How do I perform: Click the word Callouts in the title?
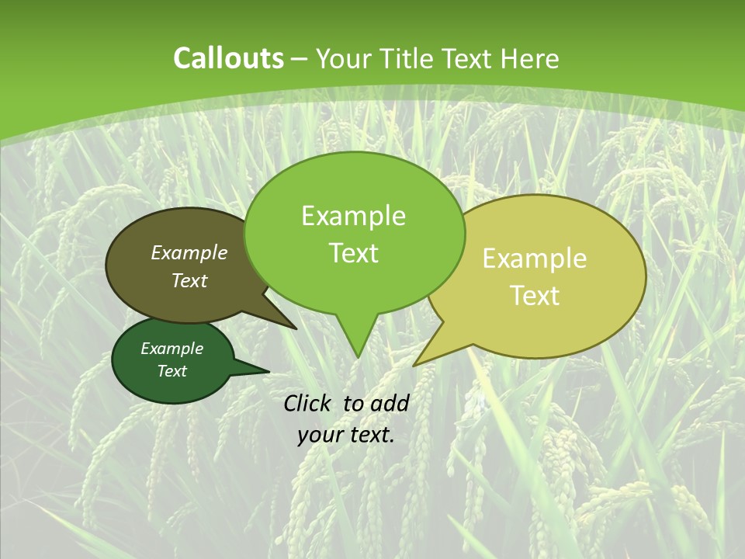228,58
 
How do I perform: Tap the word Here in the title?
529,58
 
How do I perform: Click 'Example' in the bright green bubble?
353,216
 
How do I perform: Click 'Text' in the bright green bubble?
353,253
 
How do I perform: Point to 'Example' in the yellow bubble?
535,259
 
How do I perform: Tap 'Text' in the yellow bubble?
535,296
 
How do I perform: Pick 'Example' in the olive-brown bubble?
189,253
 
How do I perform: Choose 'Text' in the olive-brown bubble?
189,280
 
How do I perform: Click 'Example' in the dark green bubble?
172,349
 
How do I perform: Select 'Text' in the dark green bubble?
172,371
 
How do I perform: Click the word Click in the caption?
308,403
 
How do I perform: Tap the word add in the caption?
389,403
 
